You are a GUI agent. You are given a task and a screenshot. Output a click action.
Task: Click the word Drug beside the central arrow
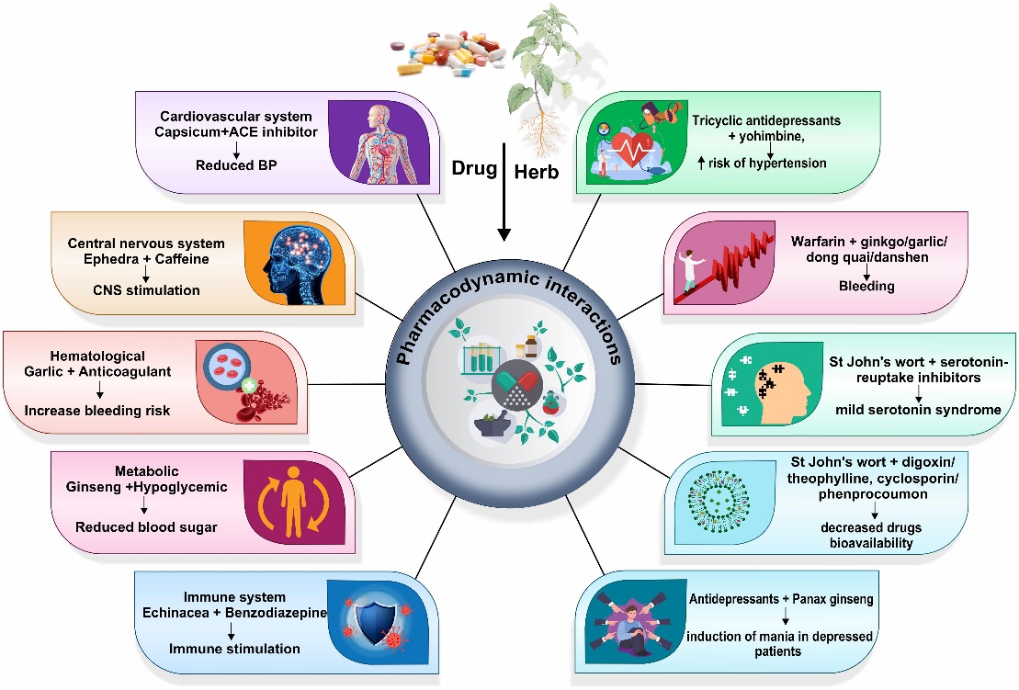click(473, 169)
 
